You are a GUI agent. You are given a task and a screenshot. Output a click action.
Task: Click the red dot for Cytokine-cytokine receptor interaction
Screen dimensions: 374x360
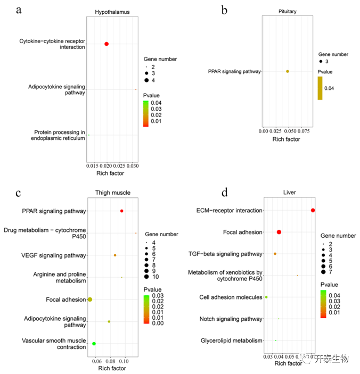coord(107,44)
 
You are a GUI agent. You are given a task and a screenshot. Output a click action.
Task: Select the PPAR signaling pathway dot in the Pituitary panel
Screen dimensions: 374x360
coord(288,71)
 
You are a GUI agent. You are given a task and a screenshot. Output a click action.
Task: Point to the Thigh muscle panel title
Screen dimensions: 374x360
coord(113,193)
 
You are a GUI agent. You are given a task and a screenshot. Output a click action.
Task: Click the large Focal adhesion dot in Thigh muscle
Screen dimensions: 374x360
coord(90,300)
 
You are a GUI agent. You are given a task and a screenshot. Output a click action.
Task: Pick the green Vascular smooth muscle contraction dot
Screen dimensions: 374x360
coord(94,344)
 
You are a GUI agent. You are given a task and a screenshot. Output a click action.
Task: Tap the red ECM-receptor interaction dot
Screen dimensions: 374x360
coord(313,211)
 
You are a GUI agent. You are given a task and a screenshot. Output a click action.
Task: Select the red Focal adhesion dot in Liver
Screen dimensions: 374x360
coord(279,232)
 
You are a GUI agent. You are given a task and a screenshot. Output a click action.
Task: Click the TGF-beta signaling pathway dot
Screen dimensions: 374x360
coord(275,254)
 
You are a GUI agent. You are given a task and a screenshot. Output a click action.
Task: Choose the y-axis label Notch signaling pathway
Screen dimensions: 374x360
coord(231,319)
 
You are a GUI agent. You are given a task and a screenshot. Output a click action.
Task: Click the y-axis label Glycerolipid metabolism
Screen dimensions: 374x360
coord(231,340)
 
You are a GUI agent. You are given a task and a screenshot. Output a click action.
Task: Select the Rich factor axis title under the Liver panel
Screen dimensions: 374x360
coord(288,363)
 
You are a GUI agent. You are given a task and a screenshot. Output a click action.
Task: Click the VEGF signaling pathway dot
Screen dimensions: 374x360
coord(115,255)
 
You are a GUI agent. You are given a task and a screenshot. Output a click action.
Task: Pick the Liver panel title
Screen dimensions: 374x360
coord(290,193)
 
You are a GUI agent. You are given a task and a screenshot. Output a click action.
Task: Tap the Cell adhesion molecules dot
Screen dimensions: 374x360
coord(266,297)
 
